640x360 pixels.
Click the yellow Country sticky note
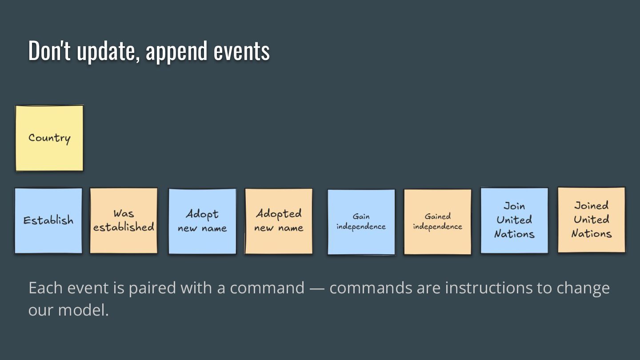pos(49,138)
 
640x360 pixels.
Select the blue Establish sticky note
pos(48,221)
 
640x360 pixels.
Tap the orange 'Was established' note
pos(124,221)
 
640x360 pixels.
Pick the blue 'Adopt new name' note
pos(202,221)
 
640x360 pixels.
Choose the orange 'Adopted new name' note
pos(279,221)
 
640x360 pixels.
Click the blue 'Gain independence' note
pos(361,222)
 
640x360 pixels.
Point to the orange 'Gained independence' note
pos(438,222)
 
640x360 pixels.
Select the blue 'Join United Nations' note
pos(514,220)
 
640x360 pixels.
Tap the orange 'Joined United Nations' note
pos(591,220)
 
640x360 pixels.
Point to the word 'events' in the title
pos(241,51)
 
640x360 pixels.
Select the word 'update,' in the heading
pos(108,51)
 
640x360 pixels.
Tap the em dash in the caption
pos(316,288)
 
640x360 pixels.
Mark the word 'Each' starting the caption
pos(46,288)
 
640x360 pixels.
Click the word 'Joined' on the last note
pos(591,205)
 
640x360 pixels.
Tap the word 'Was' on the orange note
pos(124,213)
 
